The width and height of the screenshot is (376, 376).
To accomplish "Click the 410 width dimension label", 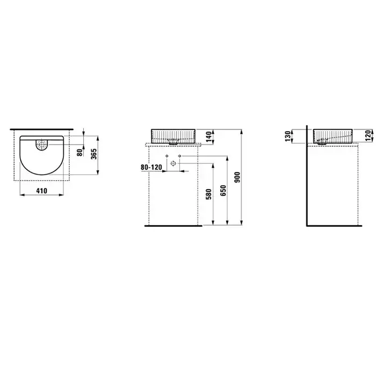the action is pyautogui.click(x=42, y=191).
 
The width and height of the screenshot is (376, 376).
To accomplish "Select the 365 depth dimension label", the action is pyautogui.click(x=94, y=154).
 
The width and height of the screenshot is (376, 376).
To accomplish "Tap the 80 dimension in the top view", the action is pyautogui.click(x=79, y=152).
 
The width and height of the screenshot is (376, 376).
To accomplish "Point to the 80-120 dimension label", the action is pyautogui.click(x=151, y=167).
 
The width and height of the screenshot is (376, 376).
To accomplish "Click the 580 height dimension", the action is pyautogui.click(x=208, y=194).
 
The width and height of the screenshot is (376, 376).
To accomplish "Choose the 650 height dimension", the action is pyautogui.click(x=223, y=190).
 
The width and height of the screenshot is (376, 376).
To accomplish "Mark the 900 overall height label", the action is pyautogui.click(x=237, y=177).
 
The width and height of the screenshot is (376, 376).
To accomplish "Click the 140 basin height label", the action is pyautogui.click(x=209, y=136).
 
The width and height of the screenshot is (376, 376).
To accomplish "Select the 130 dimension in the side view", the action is pyautogui.click(x=288, y=136).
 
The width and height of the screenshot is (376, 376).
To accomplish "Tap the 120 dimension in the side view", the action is pyautogui.click(x=368, y=136).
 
